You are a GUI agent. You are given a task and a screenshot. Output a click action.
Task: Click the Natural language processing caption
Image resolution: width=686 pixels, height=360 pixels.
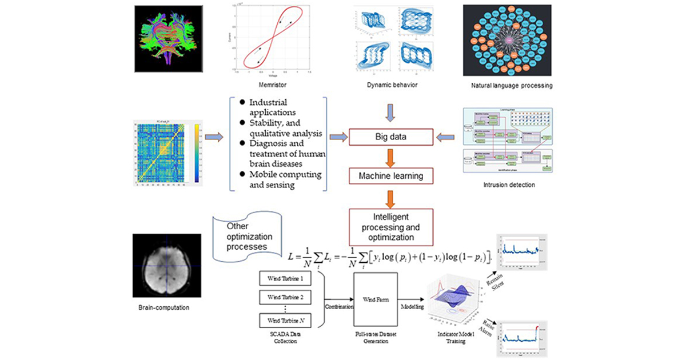point(508,85)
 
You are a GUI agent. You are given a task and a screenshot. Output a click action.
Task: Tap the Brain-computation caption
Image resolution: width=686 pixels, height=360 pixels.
point(164,307)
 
